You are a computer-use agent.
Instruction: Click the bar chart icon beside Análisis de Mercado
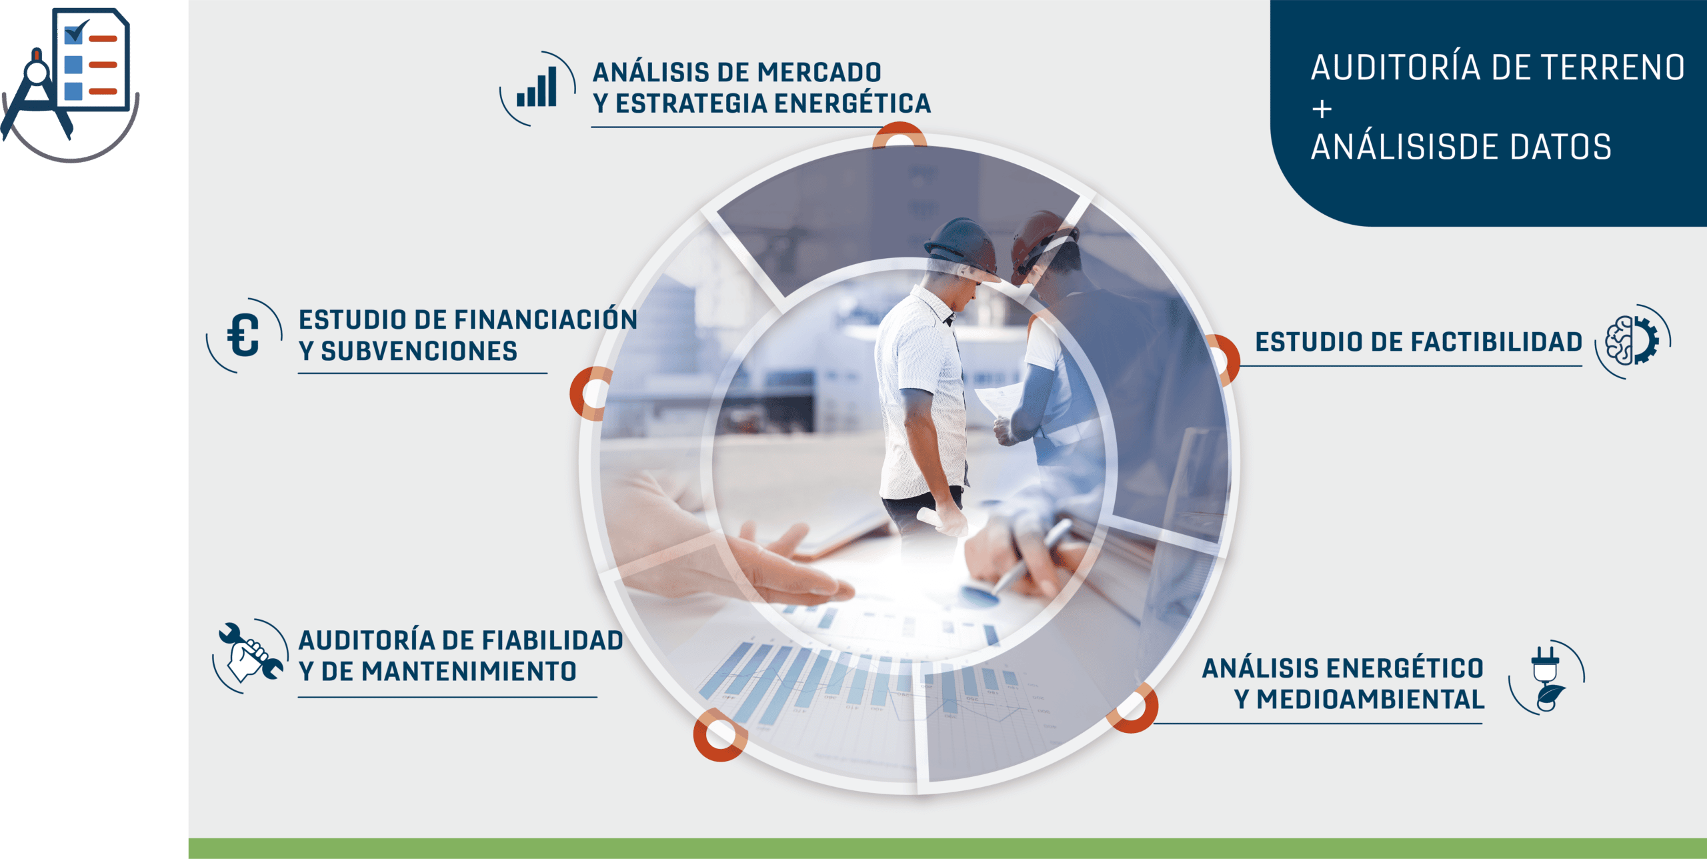(x=537, y=87)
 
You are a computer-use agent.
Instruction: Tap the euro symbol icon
(x=243, y=335)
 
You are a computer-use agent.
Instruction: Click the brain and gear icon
(x=1632, y=341)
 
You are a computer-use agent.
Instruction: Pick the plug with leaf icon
(x=1547, y=679)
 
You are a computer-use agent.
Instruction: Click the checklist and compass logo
(x=70, y=83)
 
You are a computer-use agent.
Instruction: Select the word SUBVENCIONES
(x=419, y=351)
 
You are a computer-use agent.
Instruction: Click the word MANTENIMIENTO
(x=469, y=671)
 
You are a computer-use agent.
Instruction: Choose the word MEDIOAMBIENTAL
(x=1370, y=699)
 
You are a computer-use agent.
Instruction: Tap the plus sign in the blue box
(x=1322, y=109)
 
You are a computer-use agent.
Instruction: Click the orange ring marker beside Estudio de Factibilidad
(x=1226, y=360)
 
